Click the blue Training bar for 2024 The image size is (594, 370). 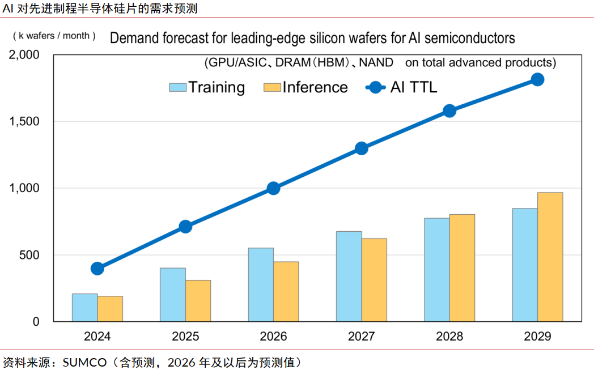tap(84, 308)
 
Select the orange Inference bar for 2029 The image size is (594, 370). tap(550, 257)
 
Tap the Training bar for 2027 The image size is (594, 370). tap(349, 277)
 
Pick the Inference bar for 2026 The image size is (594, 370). tap(286, 291)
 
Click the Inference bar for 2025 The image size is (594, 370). tap(198, 301)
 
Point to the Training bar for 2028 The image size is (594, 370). tap(437, 270)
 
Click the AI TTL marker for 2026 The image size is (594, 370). tap(273, 188)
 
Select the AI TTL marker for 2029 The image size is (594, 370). tap(537, 79)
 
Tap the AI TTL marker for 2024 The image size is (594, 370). tap(97, 268)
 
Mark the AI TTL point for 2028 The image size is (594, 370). tap(449, 110)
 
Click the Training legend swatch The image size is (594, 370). tap(177, 87)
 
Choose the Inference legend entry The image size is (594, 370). tap(315, 87)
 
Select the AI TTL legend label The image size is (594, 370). tap(413, 87)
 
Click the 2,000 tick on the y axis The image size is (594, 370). tap(24, 55)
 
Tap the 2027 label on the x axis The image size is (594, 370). tap(361, 336)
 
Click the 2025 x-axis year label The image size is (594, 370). tap(185, 336)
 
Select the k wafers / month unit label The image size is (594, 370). tap(54, 36)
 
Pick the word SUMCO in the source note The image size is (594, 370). tap(84, 362)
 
